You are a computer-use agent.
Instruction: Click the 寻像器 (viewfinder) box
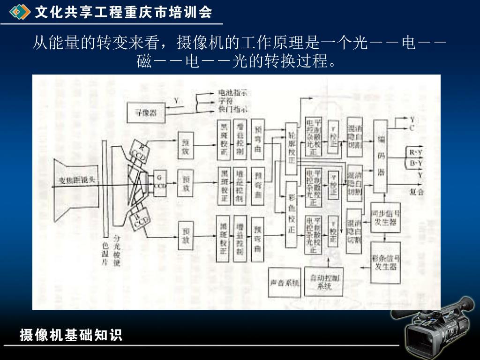(x=146, y=113)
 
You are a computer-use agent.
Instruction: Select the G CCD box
(x=160, y=181)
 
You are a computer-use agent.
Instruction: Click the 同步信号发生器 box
(x=386, y=217)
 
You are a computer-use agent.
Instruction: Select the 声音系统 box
(x=285, y=283)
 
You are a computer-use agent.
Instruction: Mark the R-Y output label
(x=416, y=152)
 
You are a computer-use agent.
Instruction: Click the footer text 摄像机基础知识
(x=71, y=335)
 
